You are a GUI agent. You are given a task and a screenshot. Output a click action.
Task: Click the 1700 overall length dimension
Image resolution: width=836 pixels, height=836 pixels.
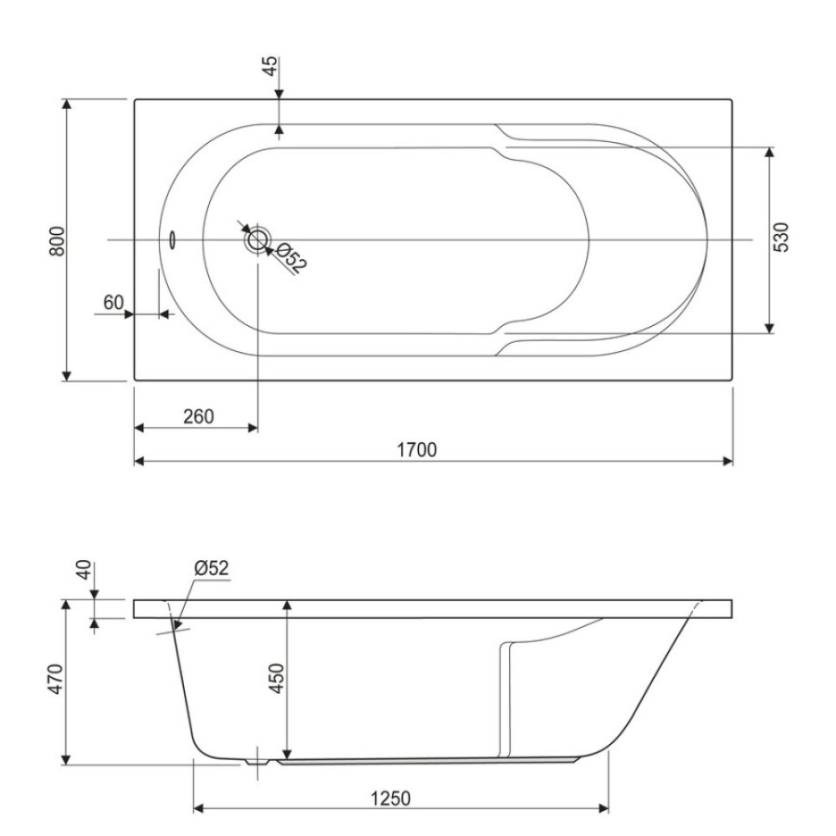coord(417,450)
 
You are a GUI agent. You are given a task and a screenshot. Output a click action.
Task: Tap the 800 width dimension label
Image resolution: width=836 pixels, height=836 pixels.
coord(57,241)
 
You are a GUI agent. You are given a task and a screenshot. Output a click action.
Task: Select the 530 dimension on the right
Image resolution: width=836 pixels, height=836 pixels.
coord(780,238)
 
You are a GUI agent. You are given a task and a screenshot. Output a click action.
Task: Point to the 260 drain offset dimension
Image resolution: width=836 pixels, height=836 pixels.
coord(199,416)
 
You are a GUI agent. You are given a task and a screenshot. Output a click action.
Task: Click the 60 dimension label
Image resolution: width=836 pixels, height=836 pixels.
coord(113,303)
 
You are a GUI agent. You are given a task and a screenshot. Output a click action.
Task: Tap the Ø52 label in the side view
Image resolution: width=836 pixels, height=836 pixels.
coord(212,568)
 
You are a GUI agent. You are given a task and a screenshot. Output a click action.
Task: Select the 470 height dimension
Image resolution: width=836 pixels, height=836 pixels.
coord(56,679)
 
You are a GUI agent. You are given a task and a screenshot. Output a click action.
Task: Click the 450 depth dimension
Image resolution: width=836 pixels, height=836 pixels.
coord(276,678)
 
